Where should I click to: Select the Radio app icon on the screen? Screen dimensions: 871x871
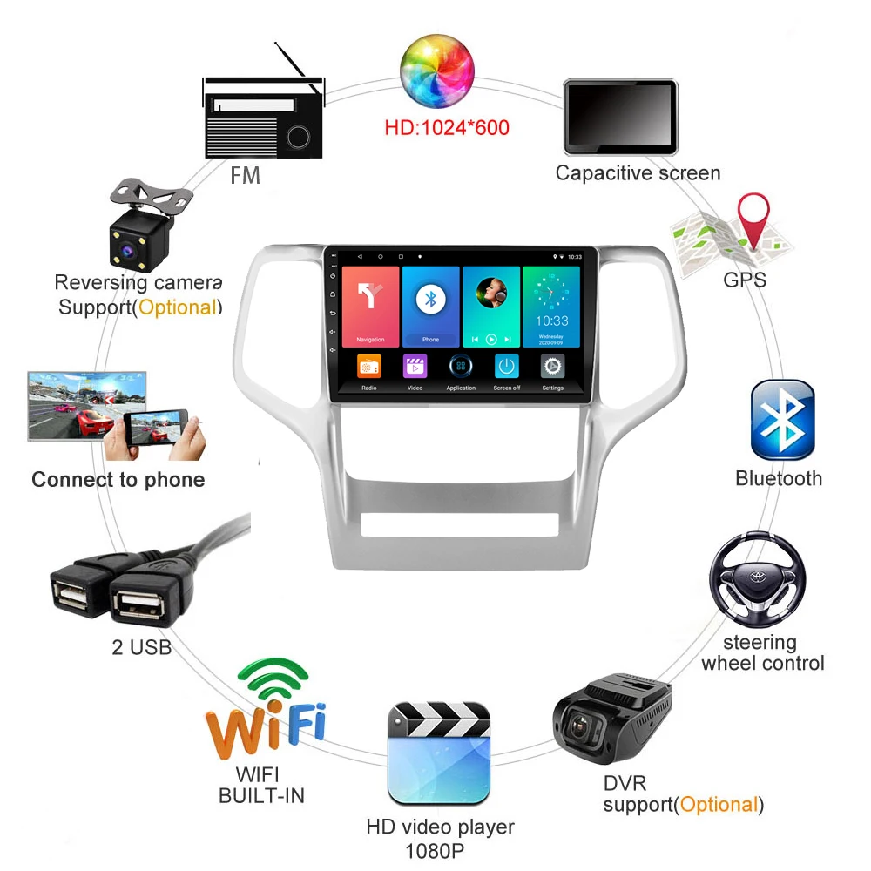point(369,367)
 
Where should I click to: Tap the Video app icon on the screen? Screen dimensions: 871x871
point(415,367)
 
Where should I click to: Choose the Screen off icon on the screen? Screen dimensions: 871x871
point(506,367)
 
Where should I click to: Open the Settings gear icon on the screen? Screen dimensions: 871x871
point(552,367)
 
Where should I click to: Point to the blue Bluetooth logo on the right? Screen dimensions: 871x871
point(782,420)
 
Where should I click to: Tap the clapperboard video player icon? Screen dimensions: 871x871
point(439,753)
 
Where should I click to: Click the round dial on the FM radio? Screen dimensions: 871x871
point(298,136)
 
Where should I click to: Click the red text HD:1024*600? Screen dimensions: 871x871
point(447,128)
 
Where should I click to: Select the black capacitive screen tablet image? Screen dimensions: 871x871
point(620,117)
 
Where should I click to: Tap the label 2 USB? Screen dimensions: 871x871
point(141,647)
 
